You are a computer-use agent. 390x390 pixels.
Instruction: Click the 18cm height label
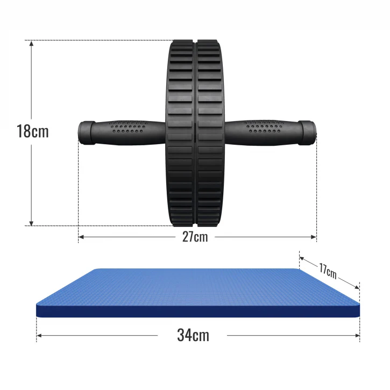point(33,131)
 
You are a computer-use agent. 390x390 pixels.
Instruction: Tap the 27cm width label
point(195,237)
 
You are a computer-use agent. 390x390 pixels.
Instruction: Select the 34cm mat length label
point(193,335)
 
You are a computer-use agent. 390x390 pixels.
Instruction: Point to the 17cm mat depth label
point(328,271)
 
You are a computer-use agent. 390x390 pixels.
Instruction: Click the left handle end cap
point(86,132)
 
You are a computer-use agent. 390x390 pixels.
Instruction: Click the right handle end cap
point(307,132)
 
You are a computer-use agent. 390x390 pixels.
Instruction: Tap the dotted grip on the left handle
point(129,126)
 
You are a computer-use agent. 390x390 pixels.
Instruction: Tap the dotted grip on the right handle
point(265,126)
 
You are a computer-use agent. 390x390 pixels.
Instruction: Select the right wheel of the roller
point(210,133)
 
